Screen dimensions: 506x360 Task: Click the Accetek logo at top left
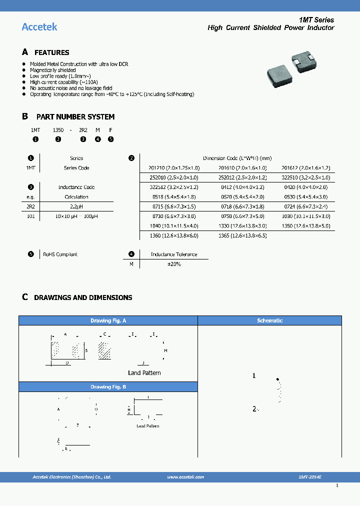tap(39, 27)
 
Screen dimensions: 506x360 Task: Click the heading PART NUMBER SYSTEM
tap(75, 116)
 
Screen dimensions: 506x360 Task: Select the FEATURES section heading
tap(51, 52)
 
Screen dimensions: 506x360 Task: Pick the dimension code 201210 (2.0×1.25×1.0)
tap(174, 168)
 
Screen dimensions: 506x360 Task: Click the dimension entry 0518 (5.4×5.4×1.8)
tap(174, 197)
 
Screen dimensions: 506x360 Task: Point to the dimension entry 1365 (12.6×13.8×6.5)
tap(242, 235)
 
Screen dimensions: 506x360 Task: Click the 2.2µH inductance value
tap(76, 206)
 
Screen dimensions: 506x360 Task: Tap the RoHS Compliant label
tap(60, 254)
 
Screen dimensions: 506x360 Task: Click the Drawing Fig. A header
tap(108, 320)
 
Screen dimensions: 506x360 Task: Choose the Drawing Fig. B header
tap(108, 387)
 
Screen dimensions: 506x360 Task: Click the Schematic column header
tap(269, 320)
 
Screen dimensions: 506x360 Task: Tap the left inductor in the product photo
tap(279, 73)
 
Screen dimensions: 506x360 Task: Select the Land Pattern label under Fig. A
tap(144, 373)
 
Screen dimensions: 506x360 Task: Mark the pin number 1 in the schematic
tap(254, 376)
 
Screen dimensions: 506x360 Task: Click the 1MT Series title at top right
tap(316, 20)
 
